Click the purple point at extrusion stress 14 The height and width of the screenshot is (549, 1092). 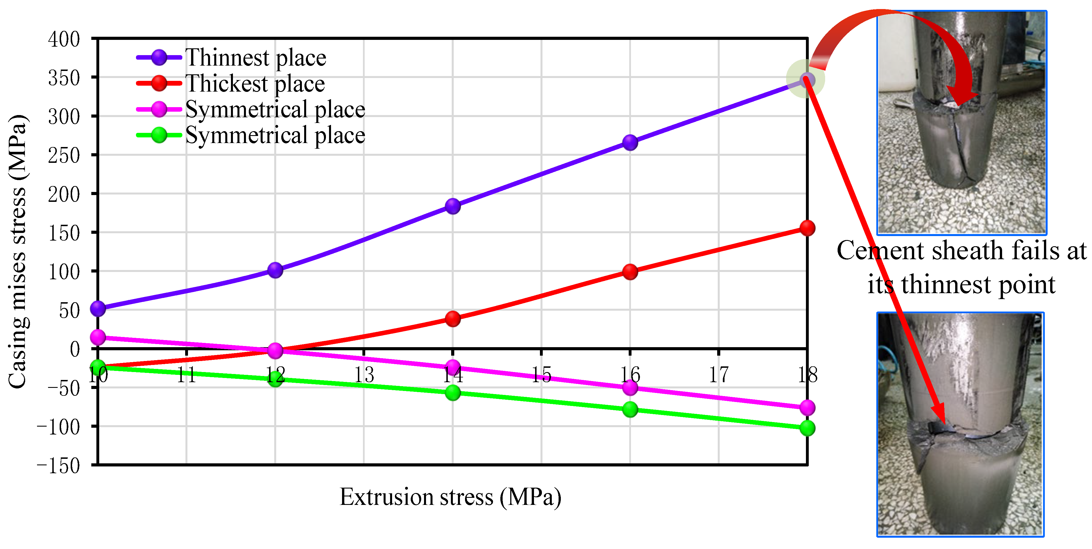[453, 206]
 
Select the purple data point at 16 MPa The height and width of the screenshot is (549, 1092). [630, 142]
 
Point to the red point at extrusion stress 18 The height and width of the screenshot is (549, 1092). [807, 228]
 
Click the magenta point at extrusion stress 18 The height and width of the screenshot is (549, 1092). [807, 408]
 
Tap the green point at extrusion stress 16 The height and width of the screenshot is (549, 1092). [630, 410]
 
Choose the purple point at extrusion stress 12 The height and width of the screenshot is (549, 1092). [275, 270]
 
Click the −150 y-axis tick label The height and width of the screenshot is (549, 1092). [59, 466]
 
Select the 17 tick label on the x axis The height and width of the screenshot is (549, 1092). [719, 375]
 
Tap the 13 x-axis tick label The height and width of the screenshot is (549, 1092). [364, 375]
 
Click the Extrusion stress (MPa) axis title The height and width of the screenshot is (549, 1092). [450, 497]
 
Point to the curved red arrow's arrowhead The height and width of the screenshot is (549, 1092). [959, 101]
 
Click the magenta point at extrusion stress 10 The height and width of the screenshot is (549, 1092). [98, 338]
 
